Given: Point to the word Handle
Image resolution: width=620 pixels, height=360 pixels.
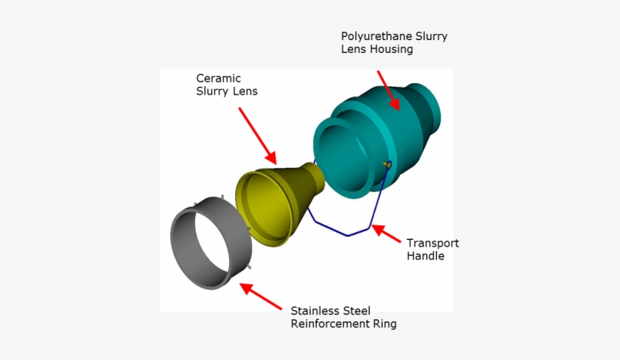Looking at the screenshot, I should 426,256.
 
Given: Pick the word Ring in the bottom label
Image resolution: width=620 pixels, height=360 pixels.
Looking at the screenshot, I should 383,324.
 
